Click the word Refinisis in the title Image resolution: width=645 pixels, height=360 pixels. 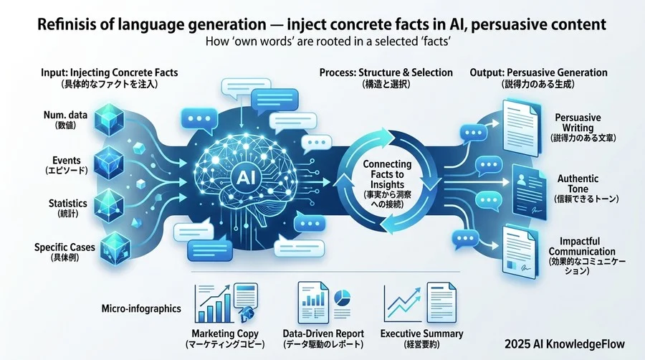pyautogui.click(x=67, y=24)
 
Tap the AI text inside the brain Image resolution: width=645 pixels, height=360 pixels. pyautogui.click(x=246, y=177)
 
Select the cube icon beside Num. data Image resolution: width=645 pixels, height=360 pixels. pyautogui.click(x=109, y=120)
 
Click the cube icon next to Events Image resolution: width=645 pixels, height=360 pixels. pyautogui.click(x=109, y=164)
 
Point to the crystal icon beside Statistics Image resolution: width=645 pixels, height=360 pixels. pyautogui.click(x=109, y=206)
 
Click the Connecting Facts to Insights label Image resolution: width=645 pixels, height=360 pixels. pyautogui.click(x=387, y=174)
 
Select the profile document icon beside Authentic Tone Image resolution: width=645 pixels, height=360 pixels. pyautogui.click(x=530, y=191)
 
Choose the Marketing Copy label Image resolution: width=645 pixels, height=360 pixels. pyautogui.click(x=225, y=333)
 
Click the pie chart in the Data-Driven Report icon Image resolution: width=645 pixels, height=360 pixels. pyautogui.click(x=342, y=298)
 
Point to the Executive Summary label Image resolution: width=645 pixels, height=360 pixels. pyautogui.click(x=421, y=333)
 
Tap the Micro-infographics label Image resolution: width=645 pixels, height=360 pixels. pyautogui.click(x=141, y=308)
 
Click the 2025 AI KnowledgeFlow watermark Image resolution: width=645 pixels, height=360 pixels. pyautogui.click(x=565, y=344)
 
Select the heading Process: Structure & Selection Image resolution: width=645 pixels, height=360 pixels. pyautogui.click(x=386, y=73)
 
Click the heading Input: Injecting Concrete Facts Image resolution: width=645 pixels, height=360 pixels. pyautogui.click(x=110, y=73)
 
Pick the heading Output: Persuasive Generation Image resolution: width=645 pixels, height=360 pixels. pyautogui.click(x=538, y=73)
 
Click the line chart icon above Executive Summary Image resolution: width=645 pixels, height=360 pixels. pyautogui.click(x=403, y=304)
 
